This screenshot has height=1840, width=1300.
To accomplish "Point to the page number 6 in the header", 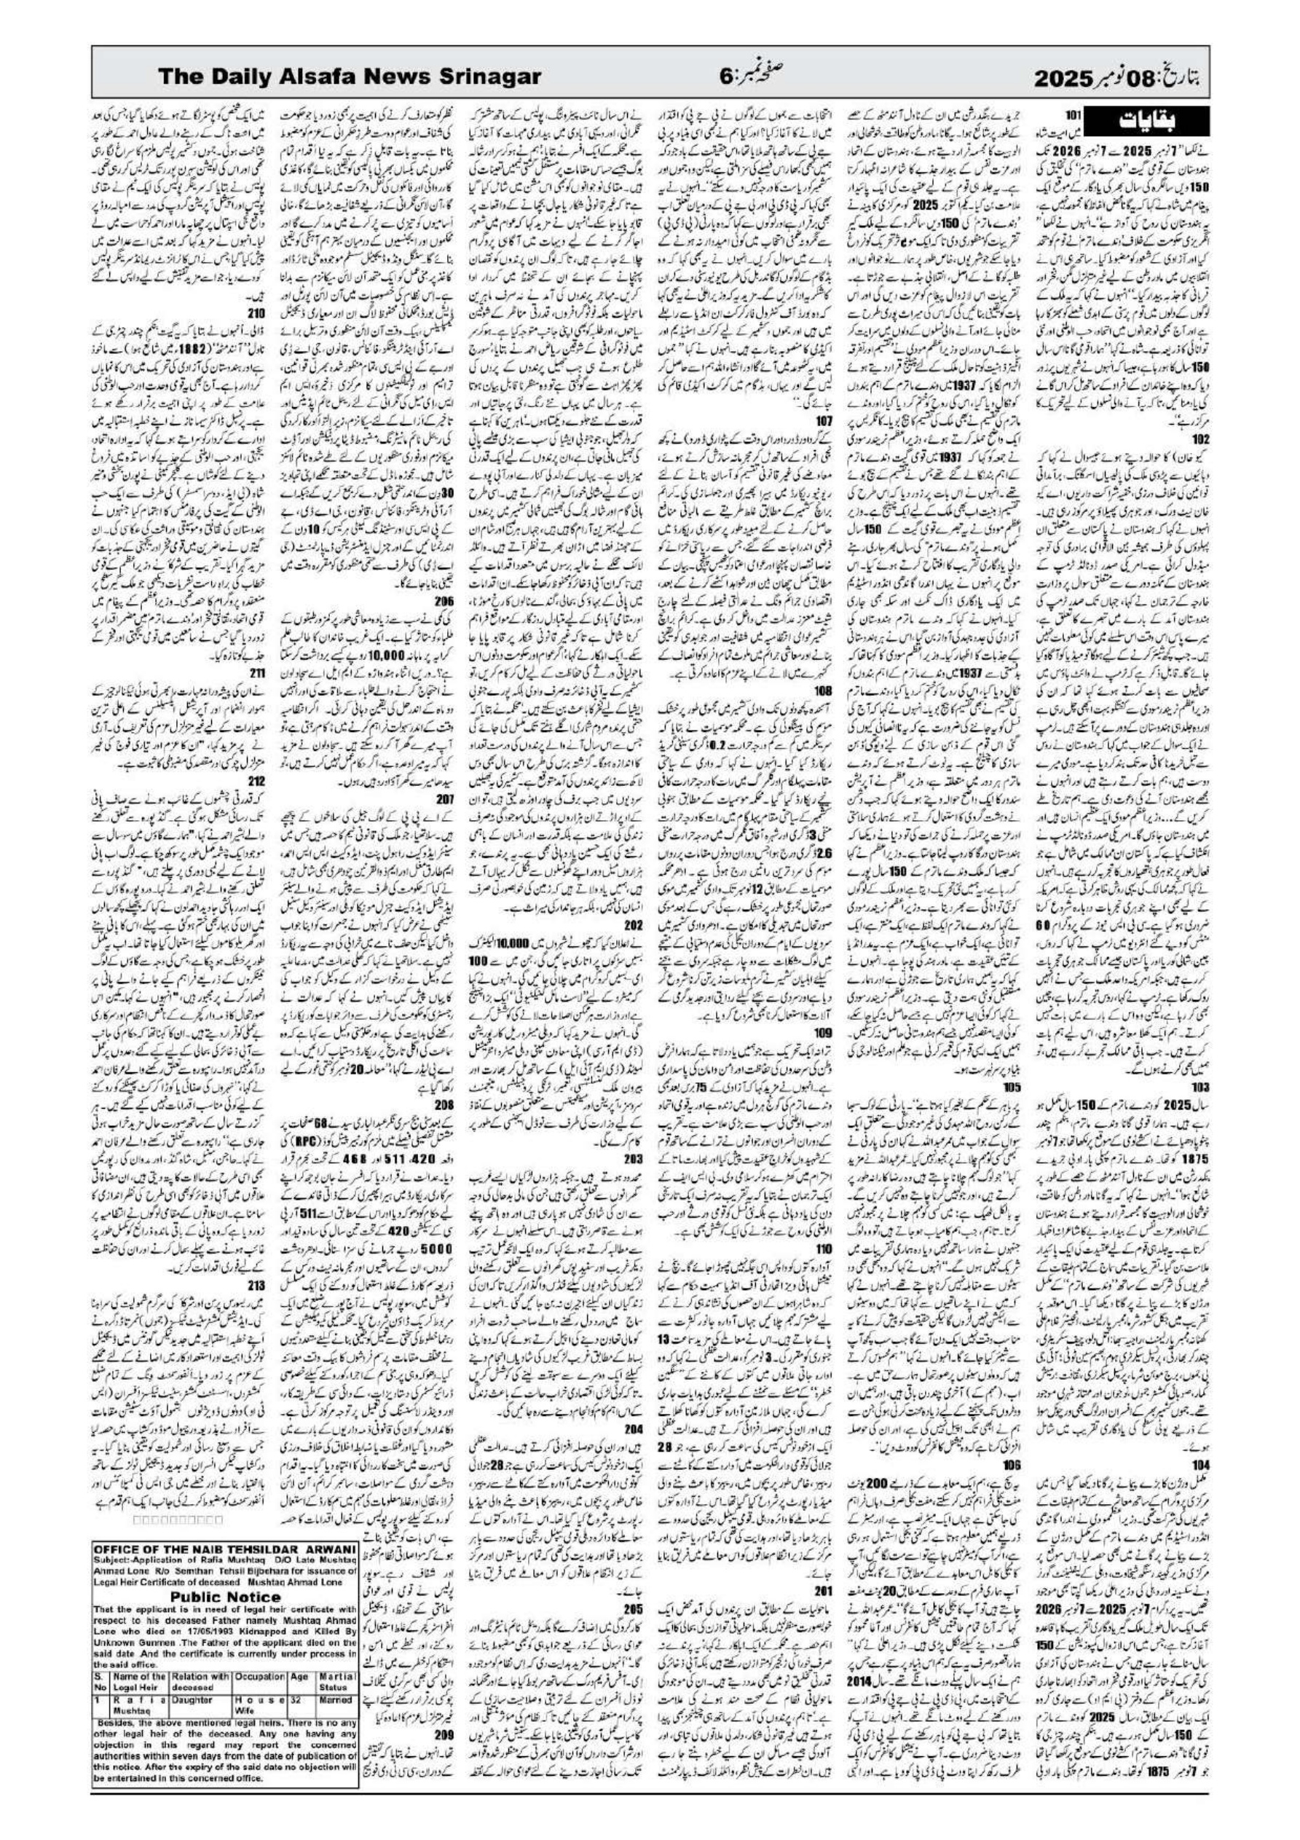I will (x=725, y=77).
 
